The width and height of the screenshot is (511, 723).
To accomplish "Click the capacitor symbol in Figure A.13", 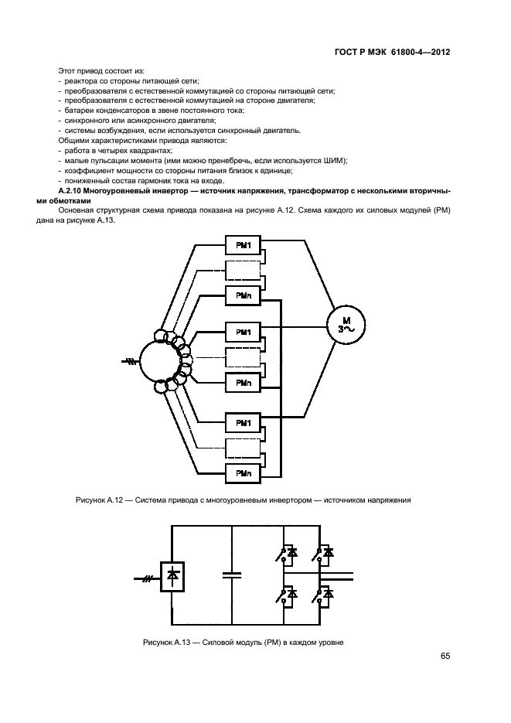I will click(231, 575).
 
